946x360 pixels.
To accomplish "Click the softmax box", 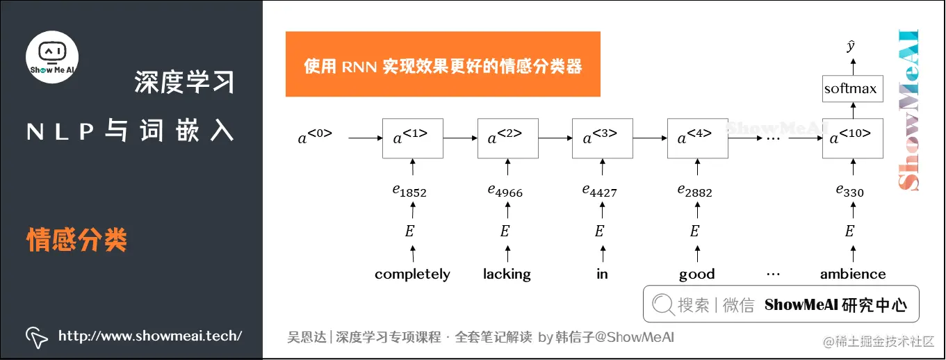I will coord(852,89).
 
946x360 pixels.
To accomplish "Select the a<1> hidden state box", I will coord(412,138).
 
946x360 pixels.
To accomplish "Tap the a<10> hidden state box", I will coord(852,138).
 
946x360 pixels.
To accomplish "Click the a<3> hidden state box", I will coord(602,138).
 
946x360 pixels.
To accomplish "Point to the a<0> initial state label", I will coord(315,137).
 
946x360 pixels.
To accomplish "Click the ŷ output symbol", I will coord(851,47).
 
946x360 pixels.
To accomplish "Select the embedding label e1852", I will coord(409,190).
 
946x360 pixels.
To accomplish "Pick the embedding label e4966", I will coord(505,190).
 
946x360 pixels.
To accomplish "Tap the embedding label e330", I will coord(849,190).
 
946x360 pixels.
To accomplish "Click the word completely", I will coord(412,275).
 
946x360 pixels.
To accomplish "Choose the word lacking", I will coord(507,275).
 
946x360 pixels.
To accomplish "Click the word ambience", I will coord(853,275).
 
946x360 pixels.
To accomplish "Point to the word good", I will coord(696,275).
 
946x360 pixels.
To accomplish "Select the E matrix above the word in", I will coord(599,231).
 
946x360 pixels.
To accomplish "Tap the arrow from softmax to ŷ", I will coord(852,67).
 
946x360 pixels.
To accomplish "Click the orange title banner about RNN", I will coord(443,64).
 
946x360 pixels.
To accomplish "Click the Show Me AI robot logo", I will coord(52,56).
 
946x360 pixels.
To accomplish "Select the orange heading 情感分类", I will coord(76,240).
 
